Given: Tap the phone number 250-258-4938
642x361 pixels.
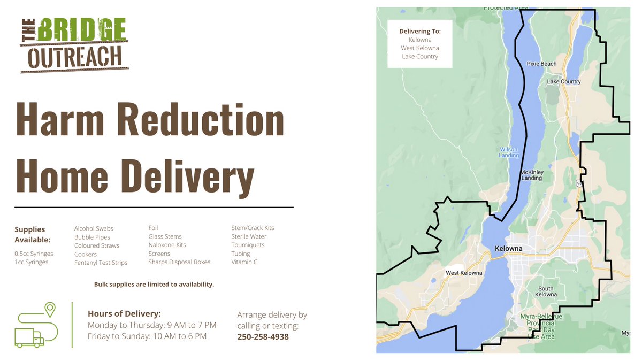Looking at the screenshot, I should click(x=263, y=337).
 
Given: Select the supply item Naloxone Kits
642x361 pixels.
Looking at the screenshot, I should click(x=167, y=245).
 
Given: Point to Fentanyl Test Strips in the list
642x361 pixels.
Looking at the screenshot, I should click(x=101, y=263).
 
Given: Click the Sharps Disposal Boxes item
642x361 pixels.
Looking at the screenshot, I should click(x=179, y=262).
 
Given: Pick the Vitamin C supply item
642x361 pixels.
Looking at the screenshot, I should click(x=244, y=262).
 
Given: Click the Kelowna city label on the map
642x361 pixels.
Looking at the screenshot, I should click(x=509, y=249).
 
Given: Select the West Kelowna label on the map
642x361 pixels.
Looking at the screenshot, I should click(x=464, y=273).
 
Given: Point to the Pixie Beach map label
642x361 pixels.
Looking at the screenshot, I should click(x=541, y=64).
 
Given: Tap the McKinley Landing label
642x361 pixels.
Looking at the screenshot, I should click(x=531, y=175).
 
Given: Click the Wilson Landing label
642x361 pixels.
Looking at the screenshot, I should click(x=509, y=152).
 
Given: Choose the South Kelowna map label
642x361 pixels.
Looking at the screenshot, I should click(x=546, y=292).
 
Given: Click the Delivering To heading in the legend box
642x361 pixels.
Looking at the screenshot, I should click(x=420, y=31).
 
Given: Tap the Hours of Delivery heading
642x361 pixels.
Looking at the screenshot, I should click(x=124, y=314).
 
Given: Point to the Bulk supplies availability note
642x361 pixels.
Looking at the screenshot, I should click(x=154, y=285).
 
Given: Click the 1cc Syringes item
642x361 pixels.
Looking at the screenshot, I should click(x=31, y=262).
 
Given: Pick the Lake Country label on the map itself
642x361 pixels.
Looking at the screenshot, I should click(x=563, y=82).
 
